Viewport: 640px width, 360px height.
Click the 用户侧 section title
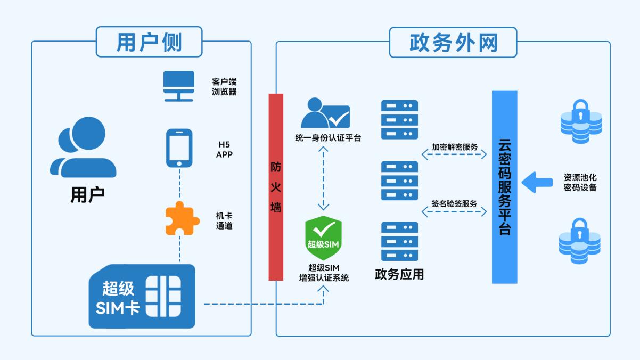(149, 42)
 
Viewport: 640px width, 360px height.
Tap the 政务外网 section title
(453, 42)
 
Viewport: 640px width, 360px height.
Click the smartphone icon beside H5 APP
(179, 148)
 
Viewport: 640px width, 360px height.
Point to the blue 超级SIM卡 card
(142, 296)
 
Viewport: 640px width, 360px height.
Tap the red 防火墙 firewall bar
(276, 187)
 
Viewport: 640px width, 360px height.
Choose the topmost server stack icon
(399, 120)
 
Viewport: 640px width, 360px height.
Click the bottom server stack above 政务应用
(399, 241)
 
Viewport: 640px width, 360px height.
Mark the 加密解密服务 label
(454, 146)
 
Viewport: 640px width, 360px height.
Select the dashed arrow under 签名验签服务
(454, 212)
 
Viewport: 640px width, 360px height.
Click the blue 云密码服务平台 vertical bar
(504, 187)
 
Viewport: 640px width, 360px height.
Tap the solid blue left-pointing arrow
(536, 182)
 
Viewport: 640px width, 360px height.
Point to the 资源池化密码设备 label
(580, 182)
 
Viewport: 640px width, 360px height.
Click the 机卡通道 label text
(224, 220)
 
